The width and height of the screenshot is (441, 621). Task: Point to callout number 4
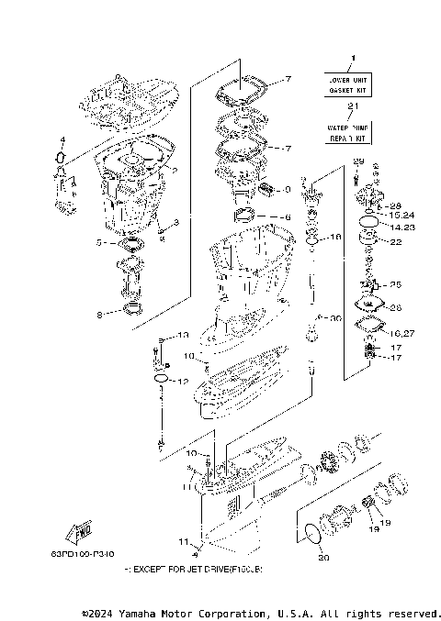coord(62,141)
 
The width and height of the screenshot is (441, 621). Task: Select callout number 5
coord(98,244)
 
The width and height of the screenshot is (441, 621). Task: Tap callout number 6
coord(287,217)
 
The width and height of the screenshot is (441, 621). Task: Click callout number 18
coord(335,237)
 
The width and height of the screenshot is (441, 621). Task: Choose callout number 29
coord(358,162)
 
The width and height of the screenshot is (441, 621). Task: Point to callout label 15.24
coord(401,216)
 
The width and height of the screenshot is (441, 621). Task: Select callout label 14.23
coord(401,227)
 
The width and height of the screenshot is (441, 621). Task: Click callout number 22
coord(396,242)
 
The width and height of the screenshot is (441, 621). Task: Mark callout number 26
coord(396,307)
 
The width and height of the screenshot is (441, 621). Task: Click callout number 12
coord(183,381)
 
